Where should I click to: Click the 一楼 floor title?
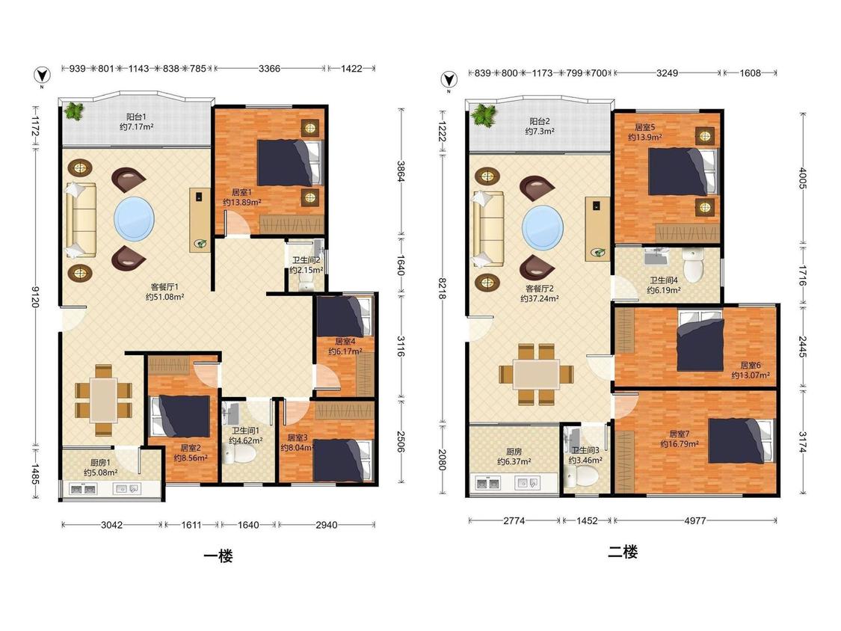(218, 556)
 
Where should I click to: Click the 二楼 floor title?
(623, 552)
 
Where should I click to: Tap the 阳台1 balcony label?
(136, 117)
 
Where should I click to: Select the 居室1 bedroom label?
(241, 191)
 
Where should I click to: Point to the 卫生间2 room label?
(306, 259)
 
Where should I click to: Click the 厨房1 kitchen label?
(100, 462)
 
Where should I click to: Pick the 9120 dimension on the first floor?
(35, 296)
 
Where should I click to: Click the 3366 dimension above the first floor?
(269, 68)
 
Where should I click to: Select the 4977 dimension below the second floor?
(695, 520)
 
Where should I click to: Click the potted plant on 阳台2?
(484, 115)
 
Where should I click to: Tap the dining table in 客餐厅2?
(536, 374)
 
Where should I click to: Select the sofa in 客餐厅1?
(81, 220)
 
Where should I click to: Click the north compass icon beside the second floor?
(449, 81)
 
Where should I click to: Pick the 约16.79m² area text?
(679, 444)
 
